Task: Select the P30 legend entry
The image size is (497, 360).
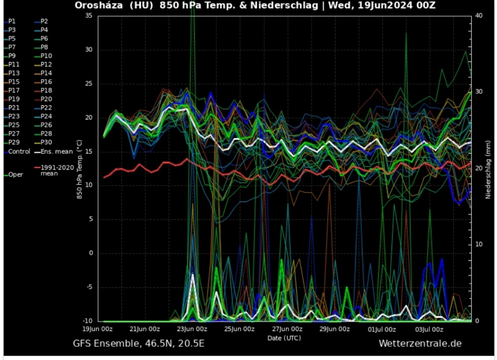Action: (x=46, y=143)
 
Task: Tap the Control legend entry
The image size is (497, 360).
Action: (x=18, y=151)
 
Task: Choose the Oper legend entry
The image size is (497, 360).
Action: (x=15, y=175)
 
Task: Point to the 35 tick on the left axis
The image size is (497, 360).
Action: (x=88, y=16)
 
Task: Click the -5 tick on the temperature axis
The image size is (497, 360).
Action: (x=89, y=287)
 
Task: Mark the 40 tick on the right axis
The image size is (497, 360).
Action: (x=479, y=16)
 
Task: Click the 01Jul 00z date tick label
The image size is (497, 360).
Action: (x=381, y=329)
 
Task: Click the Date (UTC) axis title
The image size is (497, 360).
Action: (x=284, y=337)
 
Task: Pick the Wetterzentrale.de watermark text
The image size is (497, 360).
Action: (x=420, y=344)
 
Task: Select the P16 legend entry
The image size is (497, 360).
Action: (x=46, y=82)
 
